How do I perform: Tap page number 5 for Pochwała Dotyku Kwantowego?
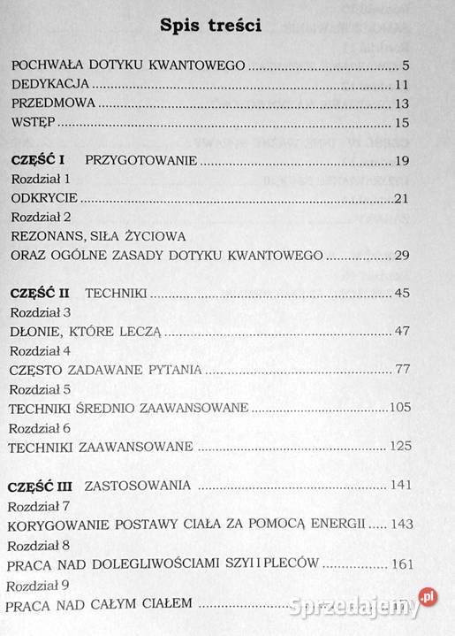click(x=406, y=65)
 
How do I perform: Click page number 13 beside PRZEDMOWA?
click(x=402, y=103)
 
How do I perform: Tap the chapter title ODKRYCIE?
click(x=45, y=196)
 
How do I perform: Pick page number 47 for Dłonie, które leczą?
click(x=402, y=332)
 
